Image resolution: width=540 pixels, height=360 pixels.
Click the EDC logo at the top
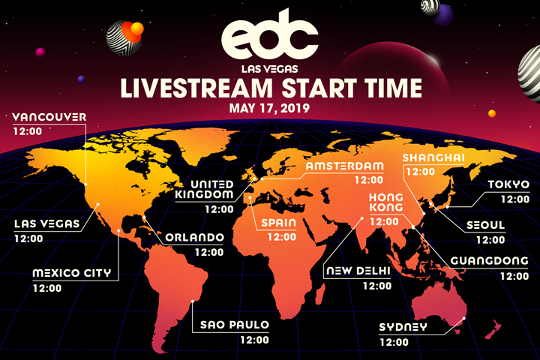(270, 35)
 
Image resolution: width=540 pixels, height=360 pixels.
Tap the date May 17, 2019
(270, 108)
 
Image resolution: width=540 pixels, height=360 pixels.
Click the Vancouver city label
(49, 117)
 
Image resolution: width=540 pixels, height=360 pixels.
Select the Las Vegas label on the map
(46, 224)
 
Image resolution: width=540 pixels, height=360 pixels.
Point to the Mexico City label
(72, 273)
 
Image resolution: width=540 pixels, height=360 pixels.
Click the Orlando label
(194, 237)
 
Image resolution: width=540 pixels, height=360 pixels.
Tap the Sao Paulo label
(235, 325)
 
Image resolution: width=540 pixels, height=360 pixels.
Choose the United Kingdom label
(205, 189)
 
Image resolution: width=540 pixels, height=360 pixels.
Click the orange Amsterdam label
(345, 166)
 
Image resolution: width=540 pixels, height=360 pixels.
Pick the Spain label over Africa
(278, 223)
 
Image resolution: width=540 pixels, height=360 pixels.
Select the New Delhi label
(358, 271)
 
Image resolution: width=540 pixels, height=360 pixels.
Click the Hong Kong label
(385, 202)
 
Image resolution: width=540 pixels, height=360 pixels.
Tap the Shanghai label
(433, 157)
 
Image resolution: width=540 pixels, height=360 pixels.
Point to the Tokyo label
(508, 184)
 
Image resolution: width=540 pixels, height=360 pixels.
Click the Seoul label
(485, 225)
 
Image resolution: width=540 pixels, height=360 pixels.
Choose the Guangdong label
(489, 261)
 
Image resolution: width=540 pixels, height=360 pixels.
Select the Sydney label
(403, 327)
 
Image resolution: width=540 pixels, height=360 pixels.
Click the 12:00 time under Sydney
(394, 343)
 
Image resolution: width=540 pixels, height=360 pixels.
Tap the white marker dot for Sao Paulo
(193, 301)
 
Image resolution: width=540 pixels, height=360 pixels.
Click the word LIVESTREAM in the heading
(196, 88)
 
